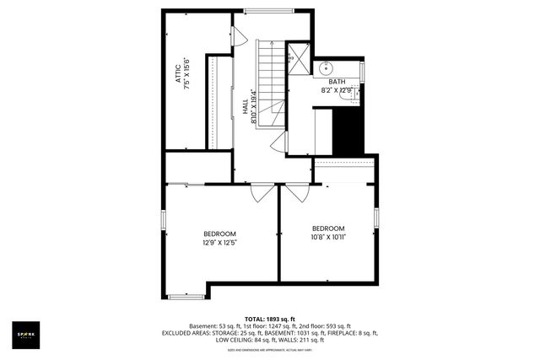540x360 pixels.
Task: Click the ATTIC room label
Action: [178, 72]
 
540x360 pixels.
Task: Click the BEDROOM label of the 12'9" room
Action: [219, 234]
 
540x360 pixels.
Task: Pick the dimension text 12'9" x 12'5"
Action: [219, 243]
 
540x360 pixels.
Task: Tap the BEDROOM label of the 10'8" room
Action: [328, 228]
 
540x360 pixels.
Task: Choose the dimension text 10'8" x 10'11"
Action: [328, 238]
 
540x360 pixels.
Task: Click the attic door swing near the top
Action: [239, 35]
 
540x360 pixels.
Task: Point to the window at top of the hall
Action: [270, 11]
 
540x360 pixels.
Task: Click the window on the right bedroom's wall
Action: [376, 217]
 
